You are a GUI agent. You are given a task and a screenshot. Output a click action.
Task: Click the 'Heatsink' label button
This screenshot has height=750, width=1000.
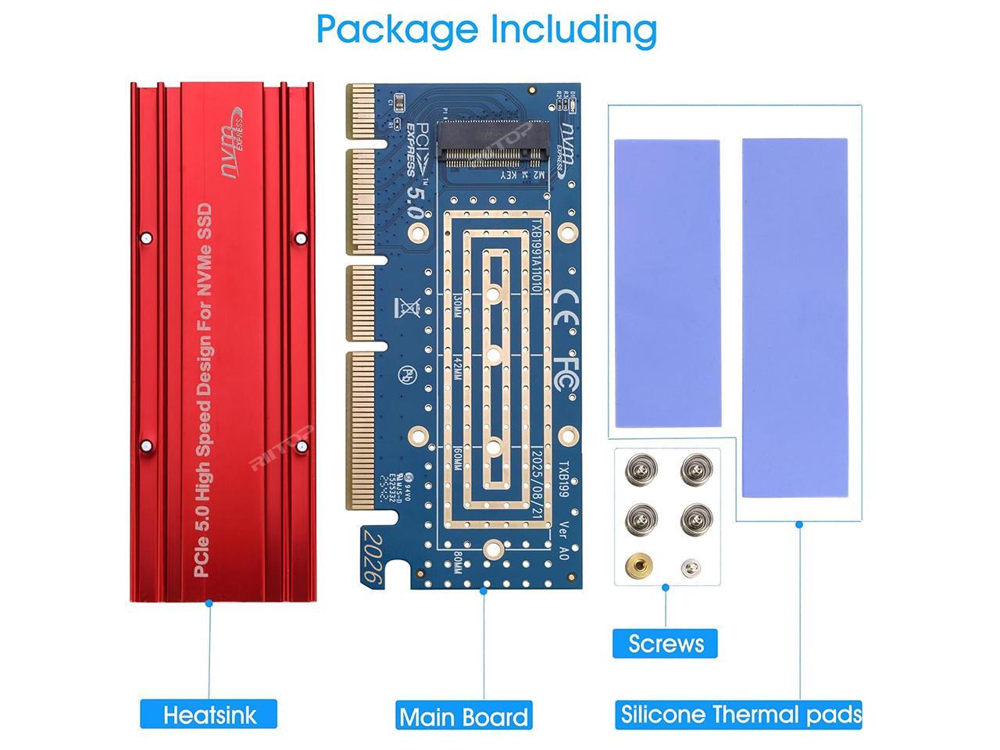pyautogui.click(x=209, y=714)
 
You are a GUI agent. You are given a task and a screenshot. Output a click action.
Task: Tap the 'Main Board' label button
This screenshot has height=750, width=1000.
pyautogui.click(x=464, y=716)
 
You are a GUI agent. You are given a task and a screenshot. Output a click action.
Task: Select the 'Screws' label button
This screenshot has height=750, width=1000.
pyautogui.click(x=666, y=643)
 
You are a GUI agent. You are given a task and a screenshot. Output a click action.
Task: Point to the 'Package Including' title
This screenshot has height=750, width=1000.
pyautogui.click(x=487, y=29)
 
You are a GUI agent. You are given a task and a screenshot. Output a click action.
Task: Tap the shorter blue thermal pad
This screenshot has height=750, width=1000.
pyautogui.click(x=667, y=284)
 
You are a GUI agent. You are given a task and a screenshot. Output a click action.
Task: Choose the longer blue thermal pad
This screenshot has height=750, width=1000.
pyautogui.click(x=795, y=318)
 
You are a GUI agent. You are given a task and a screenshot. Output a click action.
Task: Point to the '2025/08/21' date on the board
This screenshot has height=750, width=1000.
pyautogui.click(x=537, y=481)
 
